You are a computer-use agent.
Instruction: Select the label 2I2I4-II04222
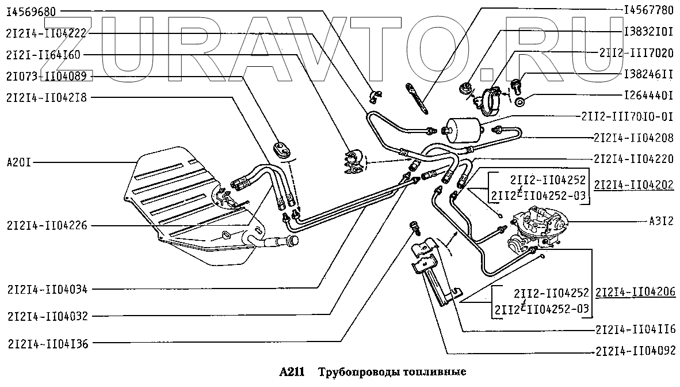[47, 33]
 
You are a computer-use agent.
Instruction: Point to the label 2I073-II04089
[47, 76]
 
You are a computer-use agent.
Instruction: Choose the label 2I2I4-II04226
[47, 226]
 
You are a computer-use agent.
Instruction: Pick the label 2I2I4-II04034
[47, 289]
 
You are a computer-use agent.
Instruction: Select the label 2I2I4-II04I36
[47, 344]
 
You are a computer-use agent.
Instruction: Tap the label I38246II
[648, 74]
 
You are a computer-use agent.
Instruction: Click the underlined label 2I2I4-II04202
[635, 185]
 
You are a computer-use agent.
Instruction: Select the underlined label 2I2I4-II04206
[635, 293]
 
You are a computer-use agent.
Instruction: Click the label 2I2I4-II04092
[635, 350]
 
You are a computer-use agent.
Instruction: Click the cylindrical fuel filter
[464, 127]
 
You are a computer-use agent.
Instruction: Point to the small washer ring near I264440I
[519, 103]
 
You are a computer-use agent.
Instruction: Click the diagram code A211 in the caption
[292, 371]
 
